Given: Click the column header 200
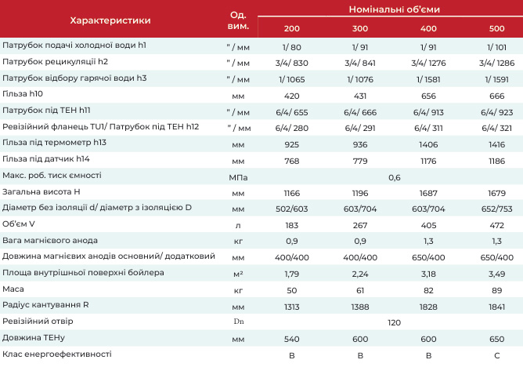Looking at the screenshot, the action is click(x=291, y=28).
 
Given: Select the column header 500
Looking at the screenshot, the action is click(x=496, y=28).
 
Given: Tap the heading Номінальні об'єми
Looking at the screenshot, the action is click(x=395, y=9).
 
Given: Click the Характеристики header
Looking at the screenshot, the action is click(x=110, y=20).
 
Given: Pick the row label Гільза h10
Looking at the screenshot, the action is click(x=23, y=94).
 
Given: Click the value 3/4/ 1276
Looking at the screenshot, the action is click(x=428, y=63).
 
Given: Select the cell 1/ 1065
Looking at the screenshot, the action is click(x=291, y=79).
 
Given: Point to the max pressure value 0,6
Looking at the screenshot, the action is click(x=395, y=178).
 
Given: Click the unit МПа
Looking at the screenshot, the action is click(x=238, y=178).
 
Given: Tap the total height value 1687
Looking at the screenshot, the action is click(x=428, y=194).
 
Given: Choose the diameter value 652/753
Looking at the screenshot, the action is click(x=496, y=209).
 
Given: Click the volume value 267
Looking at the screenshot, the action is click(x=360, y=225).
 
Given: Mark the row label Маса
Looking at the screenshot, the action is click(x=13, y=289).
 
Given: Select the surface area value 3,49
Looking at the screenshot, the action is click(x=496, y=274).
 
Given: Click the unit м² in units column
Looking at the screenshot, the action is click(x=238, y=274).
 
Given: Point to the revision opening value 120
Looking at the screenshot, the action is click(x=394, y=322).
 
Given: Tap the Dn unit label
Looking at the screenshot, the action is click(x=239, y=322).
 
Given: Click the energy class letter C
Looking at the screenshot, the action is click(x=496, y=355).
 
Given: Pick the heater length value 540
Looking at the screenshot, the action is click(x=291, y=339).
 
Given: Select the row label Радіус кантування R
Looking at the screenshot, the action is click(x=45, y=305).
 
